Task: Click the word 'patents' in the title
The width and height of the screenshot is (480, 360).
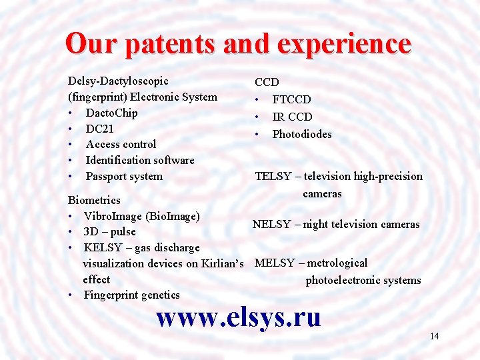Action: click(x=170, y=44)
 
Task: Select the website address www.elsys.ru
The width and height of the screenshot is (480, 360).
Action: click(x=239, y=317)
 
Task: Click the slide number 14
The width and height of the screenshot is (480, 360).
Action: click(x=434, y=336)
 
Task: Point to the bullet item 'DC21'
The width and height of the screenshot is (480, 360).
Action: click(x=99, y=129)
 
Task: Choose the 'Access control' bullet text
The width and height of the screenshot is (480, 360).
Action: click(x=121, y=145)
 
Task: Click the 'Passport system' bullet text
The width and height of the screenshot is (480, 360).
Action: click(x=124, y=177)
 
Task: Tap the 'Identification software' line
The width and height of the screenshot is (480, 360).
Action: click(x=140, y=161)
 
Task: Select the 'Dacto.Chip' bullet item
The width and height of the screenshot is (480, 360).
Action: click(x=111, y=113)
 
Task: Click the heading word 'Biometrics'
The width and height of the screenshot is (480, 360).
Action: click(x=95, y=200)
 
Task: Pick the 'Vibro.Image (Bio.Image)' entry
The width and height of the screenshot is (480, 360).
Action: click(x=141, y=216)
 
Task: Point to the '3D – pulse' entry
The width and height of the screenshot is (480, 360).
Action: click(x=109, y=232)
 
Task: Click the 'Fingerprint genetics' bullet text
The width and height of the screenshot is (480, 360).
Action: click(x=131, y=295)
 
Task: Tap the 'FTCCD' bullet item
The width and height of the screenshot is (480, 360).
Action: click(x=291, y=99)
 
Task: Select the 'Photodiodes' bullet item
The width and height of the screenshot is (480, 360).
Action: click(x=301, y=134)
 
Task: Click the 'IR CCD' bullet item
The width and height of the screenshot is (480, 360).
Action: click(x=291, y=117)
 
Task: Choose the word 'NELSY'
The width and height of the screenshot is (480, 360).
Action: click(x=271, y=225)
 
